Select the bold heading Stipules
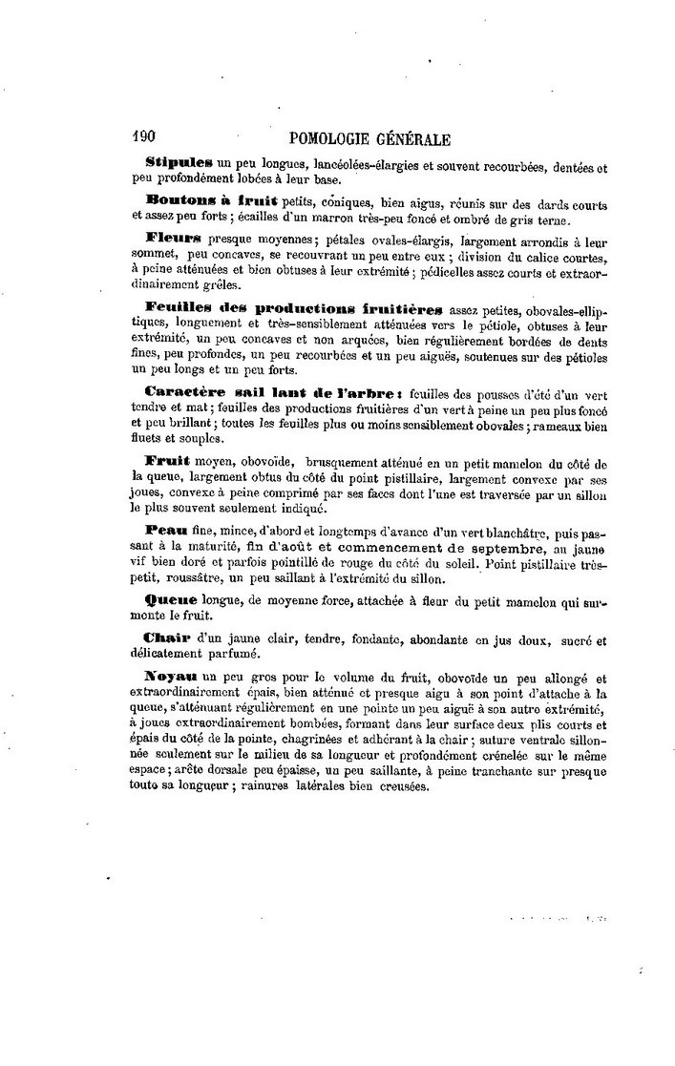coord(179,165)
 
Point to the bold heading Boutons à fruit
coord(211,199)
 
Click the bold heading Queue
coord(171,598)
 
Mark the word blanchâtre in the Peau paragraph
coord(528,530)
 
